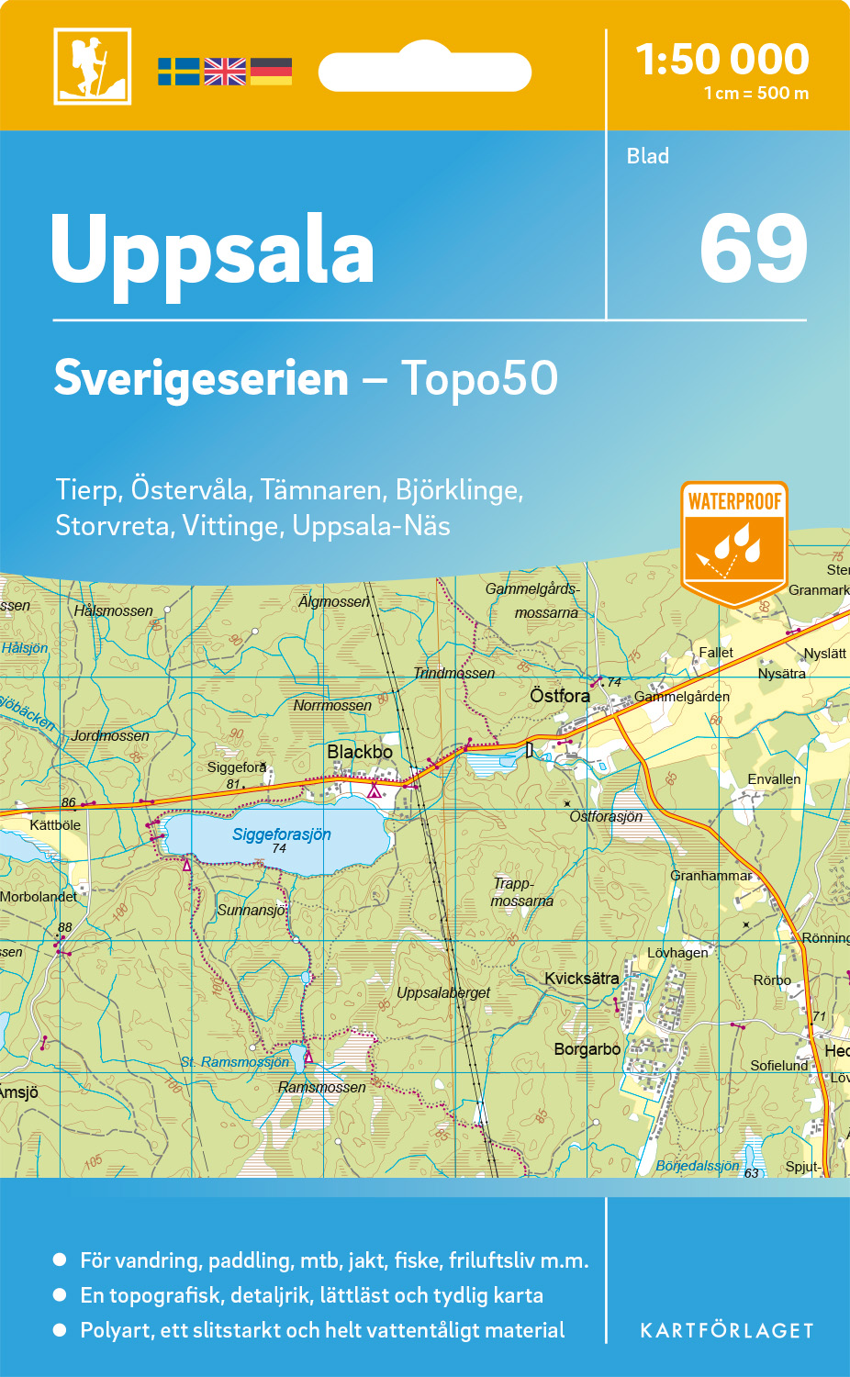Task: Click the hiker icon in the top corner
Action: pyautogui.click(x=92, y=66)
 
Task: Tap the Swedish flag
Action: pyautogui.click(x=178, y=72)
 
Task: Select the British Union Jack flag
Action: pyautogui.click(x=225, y=72)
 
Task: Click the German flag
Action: pyautogui.click(x=271, y=72)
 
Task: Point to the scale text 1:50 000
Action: pyautogui.click(x=722, y=60)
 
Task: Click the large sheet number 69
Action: pyautogui.click(x=753, y=249)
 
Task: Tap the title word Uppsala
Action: pyautogui.click(x=213, y=251)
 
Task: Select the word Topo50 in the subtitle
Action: pyautogui.click(x=479, y=378)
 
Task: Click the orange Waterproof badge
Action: pyautogui.click(x=734, y=542)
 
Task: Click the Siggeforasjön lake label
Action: pyautogui.click(x=281, y=834)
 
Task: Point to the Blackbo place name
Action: pyautogui.click(x=360, y=752)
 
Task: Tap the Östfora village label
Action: pyautogui.click(x=560, y=696)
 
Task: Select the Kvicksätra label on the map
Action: pyautogui.click(x=581, y=979)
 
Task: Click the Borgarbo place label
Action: pyautogui.click(x=587, y=1048)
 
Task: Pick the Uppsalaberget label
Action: pyautogui.click(x=443, y=992)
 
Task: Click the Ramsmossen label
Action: pyautogui.click(x=321, y=1087)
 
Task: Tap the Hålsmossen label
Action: pyautogui.click(x=114, y=610)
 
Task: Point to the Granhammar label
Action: pyautogui.click(x=711, y=876)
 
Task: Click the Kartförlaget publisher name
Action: pyautogui.click(x=726, y=1331)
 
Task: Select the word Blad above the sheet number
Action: pyautogui.click(x=648, y=156)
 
